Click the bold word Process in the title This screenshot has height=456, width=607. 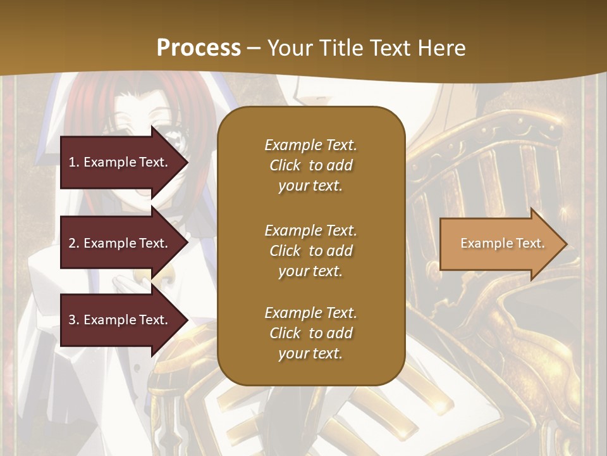199,48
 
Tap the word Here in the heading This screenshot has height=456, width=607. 441,48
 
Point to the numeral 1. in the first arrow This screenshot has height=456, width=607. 73,162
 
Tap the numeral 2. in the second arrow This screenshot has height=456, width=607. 73,243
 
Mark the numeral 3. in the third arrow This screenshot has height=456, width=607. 73,320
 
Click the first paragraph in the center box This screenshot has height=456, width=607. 310,165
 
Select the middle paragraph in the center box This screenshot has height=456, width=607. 310,250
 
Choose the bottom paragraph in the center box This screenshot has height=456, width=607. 310,333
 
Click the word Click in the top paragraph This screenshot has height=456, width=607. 285,165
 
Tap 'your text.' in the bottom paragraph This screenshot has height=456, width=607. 310,353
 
